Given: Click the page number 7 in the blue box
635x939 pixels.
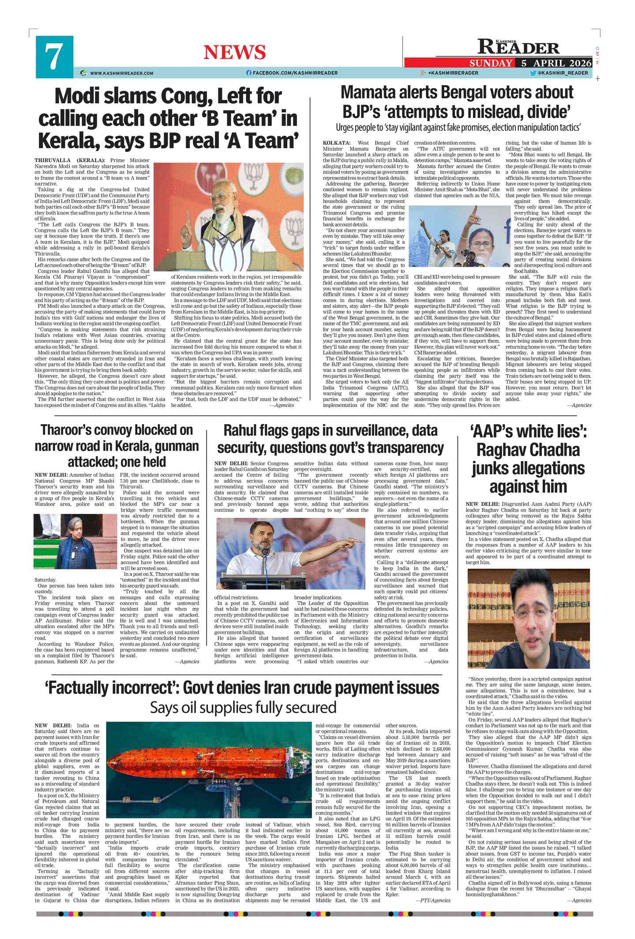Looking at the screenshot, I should click(54, 57).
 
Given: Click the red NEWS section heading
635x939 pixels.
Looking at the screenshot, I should click(234, 52).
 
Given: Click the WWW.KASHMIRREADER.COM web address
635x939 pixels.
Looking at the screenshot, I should click(121, 73).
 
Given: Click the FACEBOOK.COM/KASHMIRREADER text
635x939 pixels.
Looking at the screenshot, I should click(295, 73).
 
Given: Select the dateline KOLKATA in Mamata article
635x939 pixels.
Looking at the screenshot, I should click(336, 143).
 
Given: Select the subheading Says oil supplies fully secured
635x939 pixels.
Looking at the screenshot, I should click(243, 707).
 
